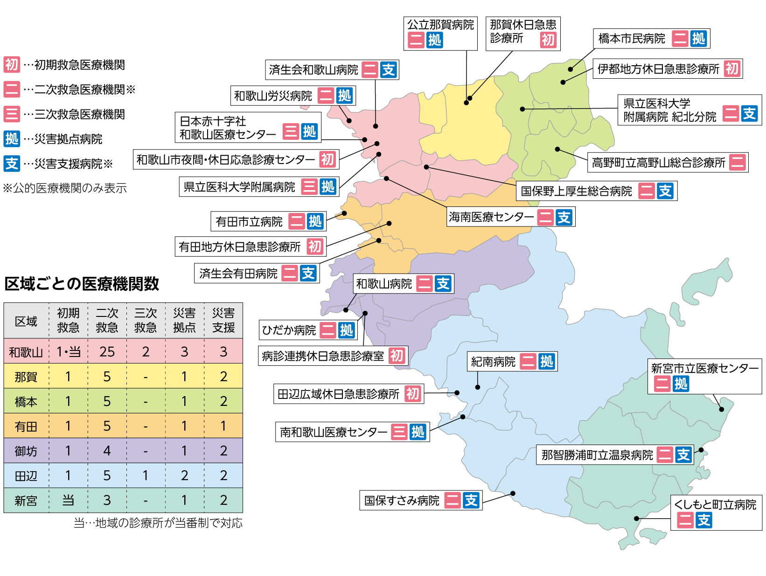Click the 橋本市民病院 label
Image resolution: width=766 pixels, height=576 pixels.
coord(632,39)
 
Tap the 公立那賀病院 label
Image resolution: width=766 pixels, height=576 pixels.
coord(440,25)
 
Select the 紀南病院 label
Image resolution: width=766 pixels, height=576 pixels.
coord(493,362)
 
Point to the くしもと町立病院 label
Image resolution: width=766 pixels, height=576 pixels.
coord(715,505)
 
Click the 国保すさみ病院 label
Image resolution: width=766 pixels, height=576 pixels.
coord(402,501)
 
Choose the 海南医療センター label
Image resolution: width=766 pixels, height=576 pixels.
coord(491,217)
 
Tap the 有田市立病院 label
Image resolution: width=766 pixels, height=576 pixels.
coord(249,222)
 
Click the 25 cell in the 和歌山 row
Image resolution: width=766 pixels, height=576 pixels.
coord(107,352)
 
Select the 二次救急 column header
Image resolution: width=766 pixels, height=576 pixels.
coord(107,320)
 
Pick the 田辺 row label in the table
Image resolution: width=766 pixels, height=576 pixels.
coord(26,476)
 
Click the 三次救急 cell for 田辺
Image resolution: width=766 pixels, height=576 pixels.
coord(146,476)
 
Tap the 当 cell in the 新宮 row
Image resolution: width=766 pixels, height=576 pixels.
coord(68,501)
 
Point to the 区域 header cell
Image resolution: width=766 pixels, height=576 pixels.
coord(26,321)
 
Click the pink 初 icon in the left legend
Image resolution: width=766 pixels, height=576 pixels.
coord(12,64)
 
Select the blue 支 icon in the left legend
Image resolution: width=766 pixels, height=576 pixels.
coord(12,164)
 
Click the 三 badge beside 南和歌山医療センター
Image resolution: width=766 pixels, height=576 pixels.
coord(399,432)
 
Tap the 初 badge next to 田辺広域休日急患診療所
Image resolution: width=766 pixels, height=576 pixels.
coord(413,394)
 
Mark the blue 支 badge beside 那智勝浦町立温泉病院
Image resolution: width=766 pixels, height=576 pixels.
coord(683,455)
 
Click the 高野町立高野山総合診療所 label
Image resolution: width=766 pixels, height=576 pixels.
coord(658,163)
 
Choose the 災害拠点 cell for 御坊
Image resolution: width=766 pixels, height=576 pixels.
coord(184,451)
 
